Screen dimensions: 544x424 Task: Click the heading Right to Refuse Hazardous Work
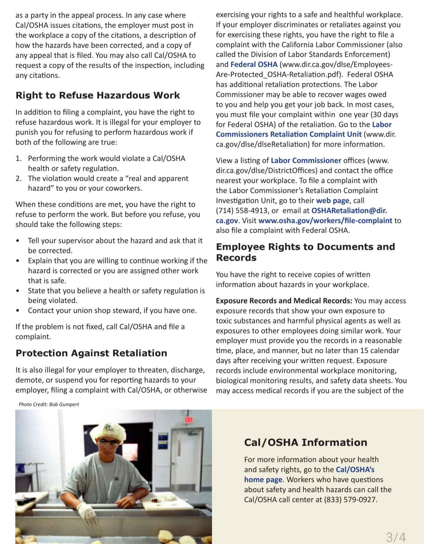tap(97, 95)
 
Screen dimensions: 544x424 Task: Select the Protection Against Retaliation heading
tap(91, 353)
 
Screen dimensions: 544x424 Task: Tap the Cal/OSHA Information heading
tap(305, 442)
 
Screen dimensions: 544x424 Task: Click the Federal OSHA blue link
tap(254, 65)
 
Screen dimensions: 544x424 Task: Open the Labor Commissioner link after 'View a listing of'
tap(306, 161)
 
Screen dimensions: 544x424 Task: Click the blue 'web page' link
tap(332, 201)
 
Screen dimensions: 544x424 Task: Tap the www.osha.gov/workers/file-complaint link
tap(325, 221)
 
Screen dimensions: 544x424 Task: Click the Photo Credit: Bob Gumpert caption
tap(49, 404)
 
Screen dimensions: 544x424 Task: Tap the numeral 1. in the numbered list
tap(19, 158)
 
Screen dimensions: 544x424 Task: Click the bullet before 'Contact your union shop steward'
tap(18, 311)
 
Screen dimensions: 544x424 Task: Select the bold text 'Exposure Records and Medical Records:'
tap(284, 301)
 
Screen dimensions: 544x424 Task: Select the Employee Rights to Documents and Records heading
tap(305, 252)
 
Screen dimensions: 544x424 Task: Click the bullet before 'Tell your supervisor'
tap(18, 241)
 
